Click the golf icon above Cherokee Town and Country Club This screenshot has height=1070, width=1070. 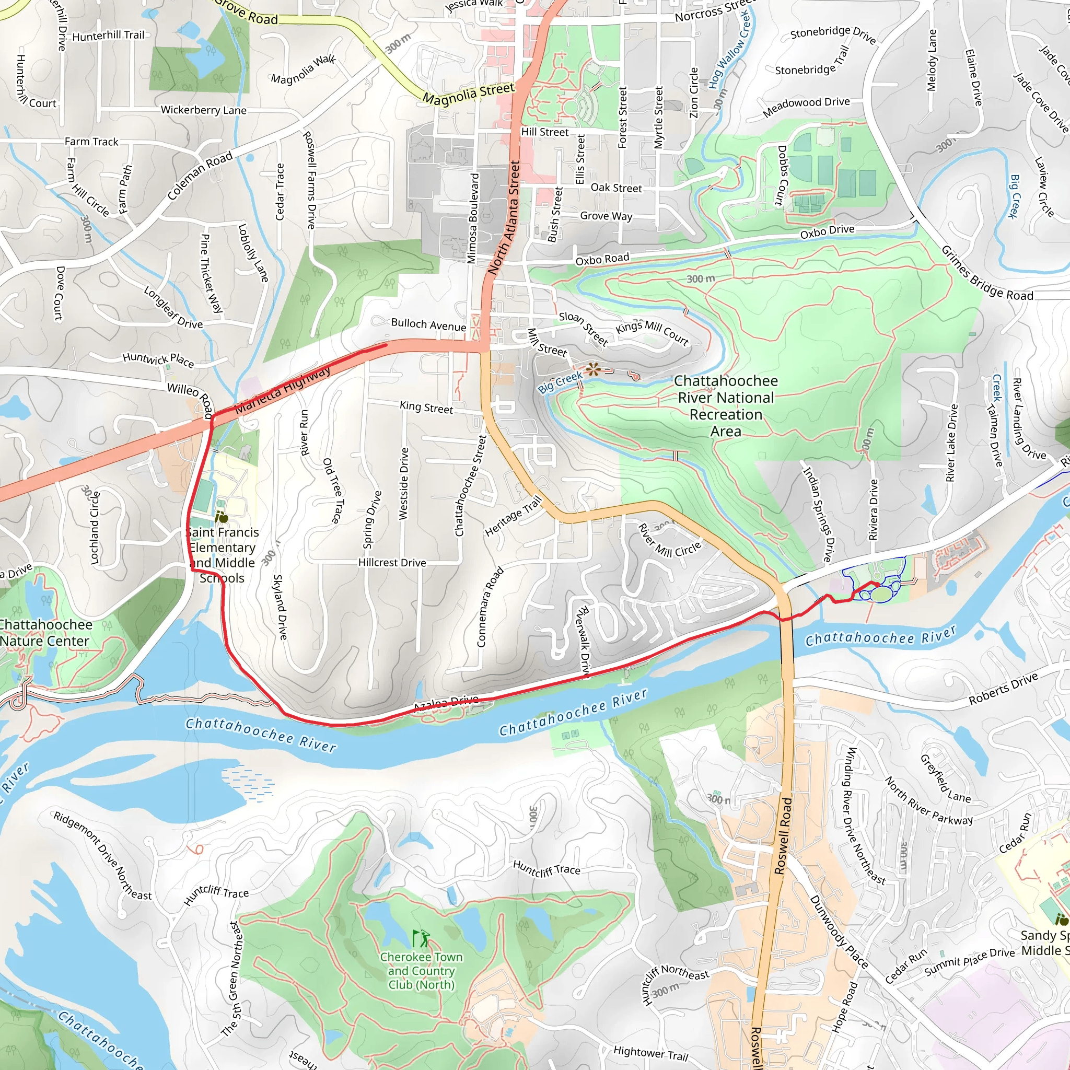click(421, 938)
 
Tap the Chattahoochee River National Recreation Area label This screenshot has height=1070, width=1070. click(726, 406)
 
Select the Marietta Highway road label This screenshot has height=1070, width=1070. click(283, 390)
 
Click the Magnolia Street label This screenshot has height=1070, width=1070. click(469, 93)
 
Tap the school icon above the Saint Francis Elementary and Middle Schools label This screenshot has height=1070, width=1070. click(222, 517)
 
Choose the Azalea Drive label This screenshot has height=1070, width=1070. click(446, 703)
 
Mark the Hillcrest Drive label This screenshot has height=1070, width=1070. click(392, 563)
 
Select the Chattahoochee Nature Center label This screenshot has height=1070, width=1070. click(45, 633)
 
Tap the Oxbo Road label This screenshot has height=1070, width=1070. click(602, 259)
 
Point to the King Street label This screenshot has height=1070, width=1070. click(426, 408)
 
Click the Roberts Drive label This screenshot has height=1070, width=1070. click(1003, 690)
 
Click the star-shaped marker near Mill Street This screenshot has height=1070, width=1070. click(592, 369)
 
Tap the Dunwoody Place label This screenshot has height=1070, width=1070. click(839, 932)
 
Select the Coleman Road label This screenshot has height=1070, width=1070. click(200, 176)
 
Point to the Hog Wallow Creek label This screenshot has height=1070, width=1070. click(730, 50)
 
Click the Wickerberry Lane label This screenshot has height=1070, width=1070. click(203, 110)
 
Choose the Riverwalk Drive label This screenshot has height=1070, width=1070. click(584, 643)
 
